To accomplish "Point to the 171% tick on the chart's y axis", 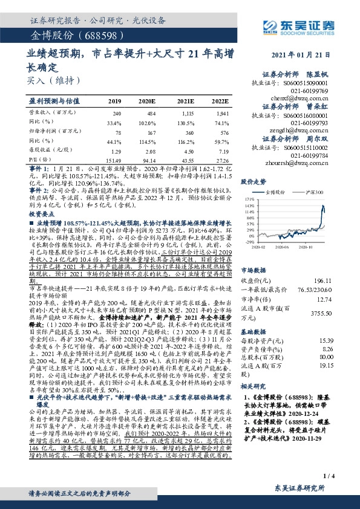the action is (x=249, y=198).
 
